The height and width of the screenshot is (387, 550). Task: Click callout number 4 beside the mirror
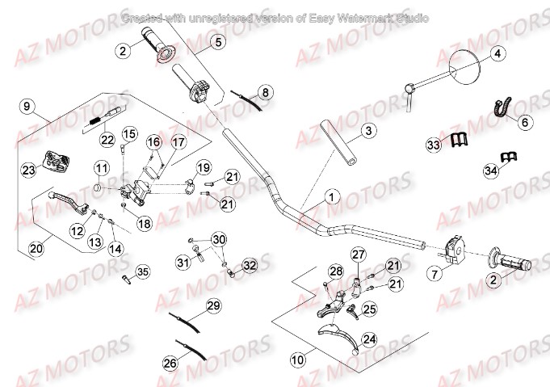pos(498,54)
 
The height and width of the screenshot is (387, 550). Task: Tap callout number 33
pos(435,144)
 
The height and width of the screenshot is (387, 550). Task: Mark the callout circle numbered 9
pos(26,106)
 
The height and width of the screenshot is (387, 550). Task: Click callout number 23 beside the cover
pos(28,170)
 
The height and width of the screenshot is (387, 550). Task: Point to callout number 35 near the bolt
pos(142,271)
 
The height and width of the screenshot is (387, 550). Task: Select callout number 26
pos(170,364)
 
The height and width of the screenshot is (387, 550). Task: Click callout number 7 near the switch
pos(435,274)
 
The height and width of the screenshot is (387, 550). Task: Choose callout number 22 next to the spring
pos(107,139)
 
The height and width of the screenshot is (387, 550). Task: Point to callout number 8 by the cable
pos(266,92)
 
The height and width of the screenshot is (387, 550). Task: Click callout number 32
pos(250,265)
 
